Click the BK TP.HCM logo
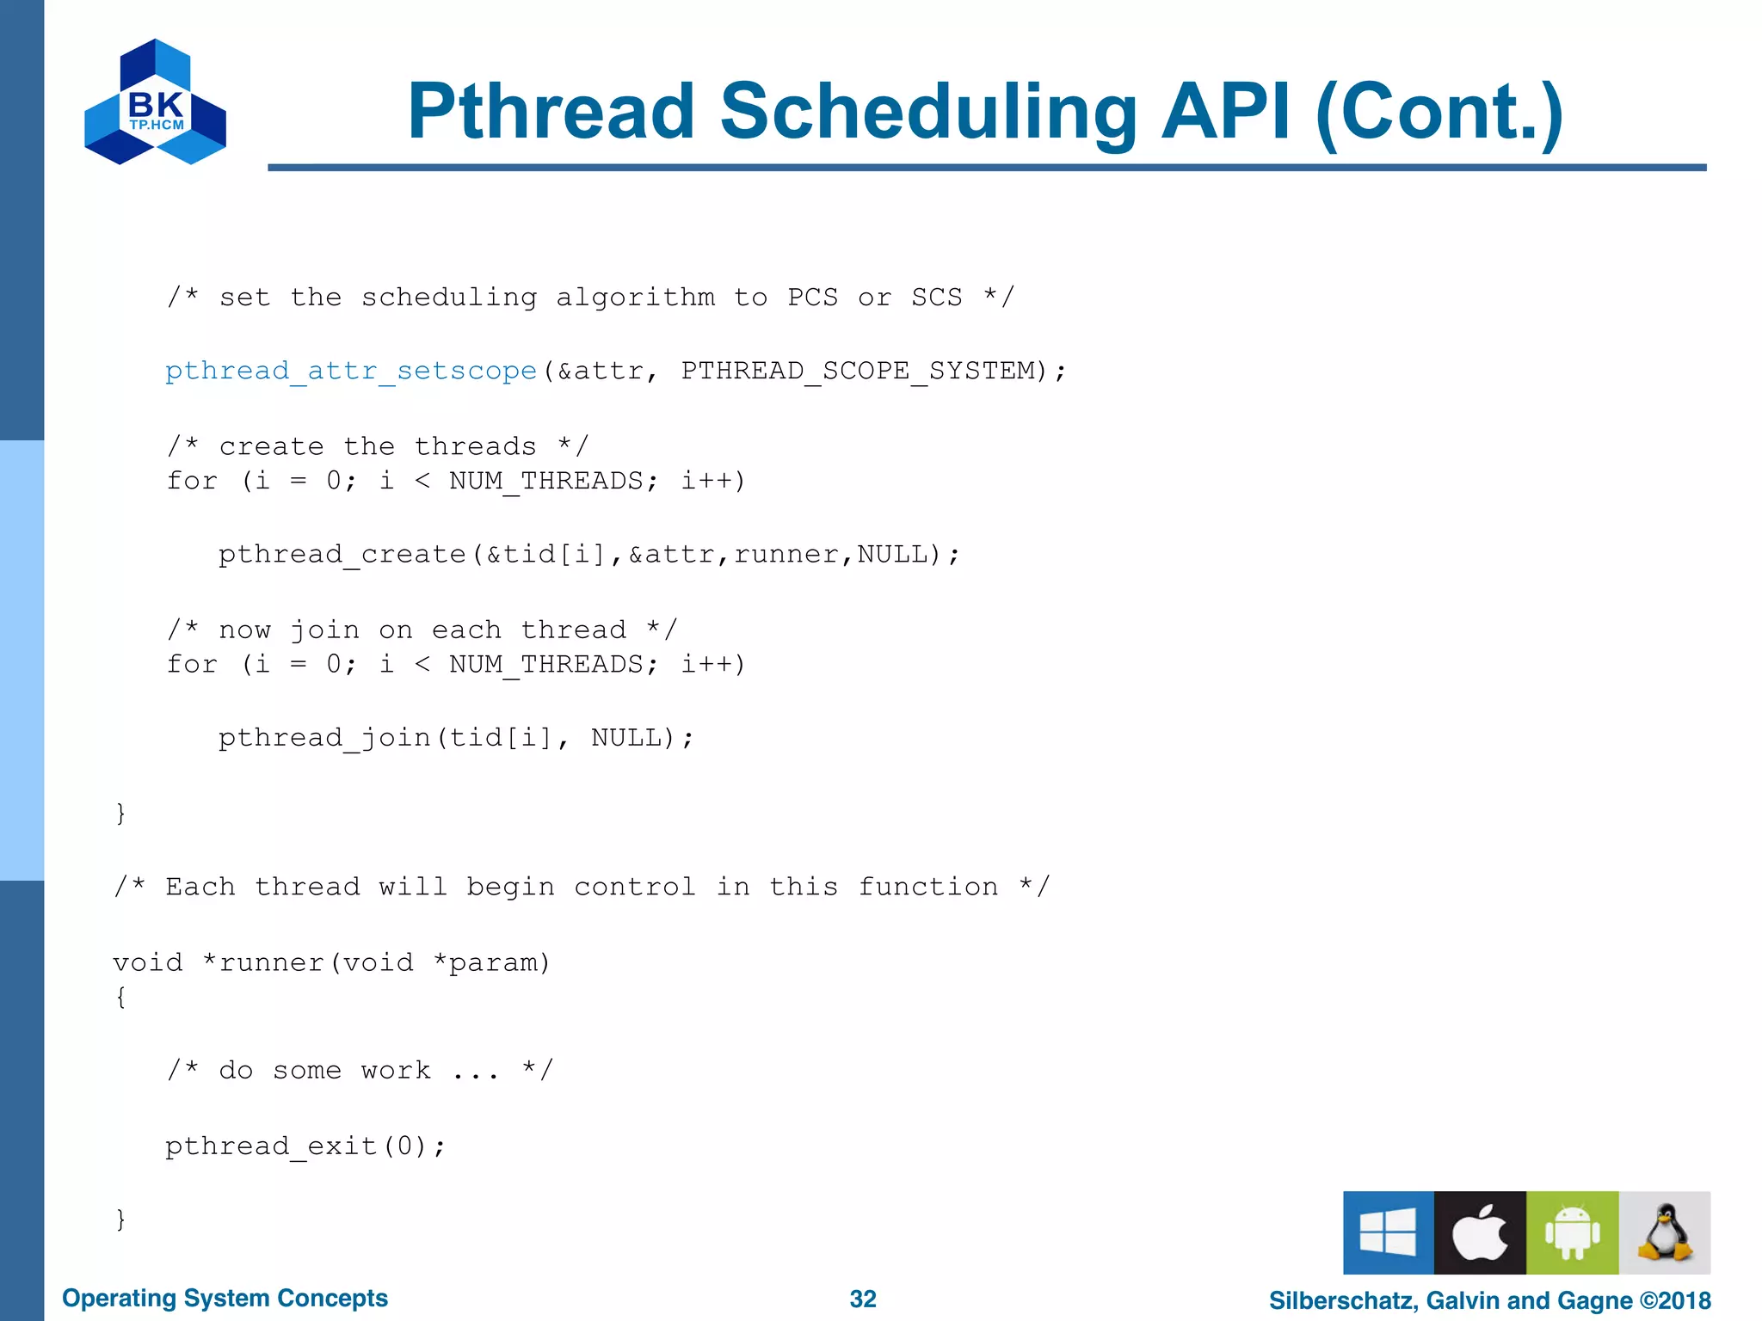[x=155, y=102]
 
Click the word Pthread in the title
[x=551, y=112]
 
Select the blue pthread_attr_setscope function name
[x=351, y=371]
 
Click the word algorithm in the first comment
[x=635, y=298]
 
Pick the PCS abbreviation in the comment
[x=812, y=298]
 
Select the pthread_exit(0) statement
[x=305, y=1146]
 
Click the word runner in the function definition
[x=271, y=962]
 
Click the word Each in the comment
[x=200, y=887]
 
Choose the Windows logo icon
[x=1388, y=1232]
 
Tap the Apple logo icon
[x=1480, y=1232]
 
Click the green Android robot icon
[x=1572, y=1232]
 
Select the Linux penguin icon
[x=1664, y=1232]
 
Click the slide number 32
[x=862, y=1299]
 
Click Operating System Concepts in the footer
[x=225, y=1299]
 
